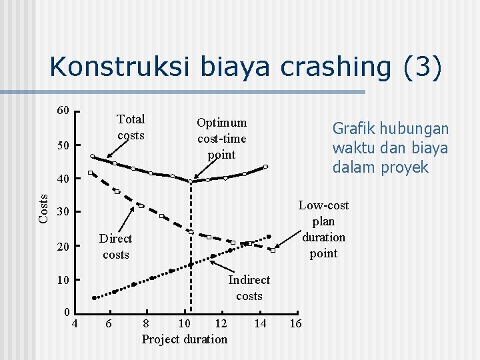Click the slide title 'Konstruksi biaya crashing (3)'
(x=245, y=67)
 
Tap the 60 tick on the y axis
(x=63, y=110)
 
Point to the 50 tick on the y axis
(x=63, y=145)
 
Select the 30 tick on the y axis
(x=63, y=213)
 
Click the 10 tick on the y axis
(x=63, y=280)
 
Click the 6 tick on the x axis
(x=108, y=323)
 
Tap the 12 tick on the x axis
(x=221, y=323)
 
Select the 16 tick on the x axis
(x=295, y=323)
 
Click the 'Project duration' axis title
(x=185, y=339)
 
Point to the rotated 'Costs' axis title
(x=43, y=208)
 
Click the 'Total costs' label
(x=131, y=127)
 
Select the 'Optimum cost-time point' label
(x=222, y=139)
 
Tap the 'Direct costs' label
(x=115, y=247)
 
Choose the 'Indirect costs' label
(x=249, y=288)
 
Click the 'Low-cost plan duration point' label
(x=323, y=229)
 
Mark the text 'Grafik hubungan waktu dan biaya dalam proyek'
(x=390, y=148)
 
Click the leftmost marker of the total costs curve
(x=93, y=157)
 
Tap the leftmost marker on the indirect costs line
(x=94, y=298)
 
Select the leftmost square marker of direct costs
(x=91, y=173)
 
